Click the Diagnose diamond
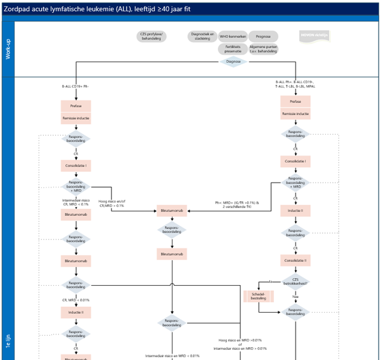(233, 61)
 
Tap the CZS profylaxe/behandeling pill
(151, 36)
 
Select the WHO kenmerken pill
(232, 37)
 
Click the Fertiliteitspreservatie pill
(233, 49)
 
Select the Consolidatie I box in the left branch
(76, 165)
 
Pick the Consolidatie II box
(295, 260)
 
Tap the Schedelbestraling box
(254, 297)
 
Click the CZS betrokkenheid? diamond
(295, 281)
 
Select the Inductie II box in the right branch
(295, 210)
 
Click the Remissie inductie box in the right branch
(295, 114)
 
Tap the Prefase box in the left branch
(76, 106)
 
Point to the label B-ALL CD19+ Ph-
(76, 85)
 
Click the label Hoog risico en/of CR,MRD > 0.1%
(111, 203)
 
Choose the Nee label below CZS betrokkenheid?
(295, 297)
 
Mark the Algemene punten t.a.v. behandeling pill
(264, 49)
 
